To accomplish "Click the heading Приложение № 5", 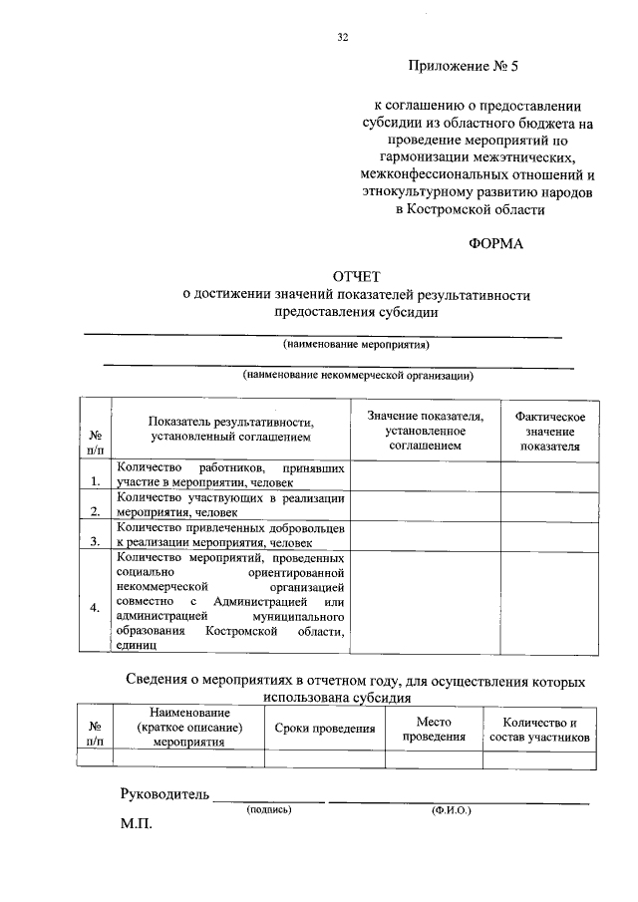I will click(465, 68).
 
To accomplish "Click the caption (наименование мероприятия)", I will click(356, 346).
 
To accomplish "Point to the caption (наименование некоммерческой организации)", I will click(356, 376).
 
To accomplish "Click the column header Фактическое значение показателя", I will click(548, 432).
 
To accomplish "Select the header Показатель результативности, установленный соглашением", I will click(230, 430).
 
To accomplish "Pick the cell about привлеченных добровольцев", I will click(230, 534).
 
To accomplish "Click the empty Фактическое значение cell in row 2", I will click(548, 505).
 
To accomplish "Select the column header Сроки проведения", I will click(324, 729).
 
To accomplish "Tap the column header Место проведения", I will click(434, 729).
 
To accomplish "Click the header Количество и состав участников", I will click(540, 729).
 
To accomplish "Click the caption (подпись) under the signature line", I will click(269, 810).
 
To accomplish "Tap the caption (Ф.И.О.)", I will click(452, 810).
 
